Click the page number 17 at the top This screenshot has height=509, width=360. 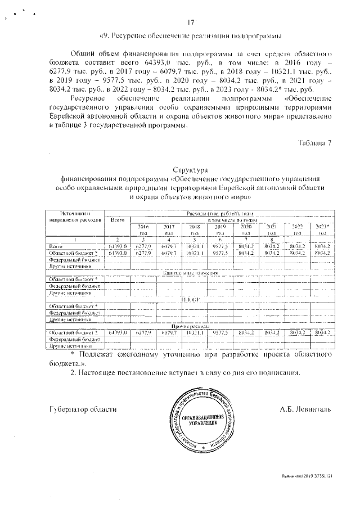point(191,23)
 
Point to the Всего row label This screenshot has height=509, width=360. point(58,246)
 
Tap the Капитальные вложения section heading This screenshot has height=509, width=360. point(191,272)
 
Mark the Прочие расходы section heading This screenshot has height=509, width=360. point(191,326)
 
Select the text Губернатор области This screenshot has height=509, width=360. point(83,409)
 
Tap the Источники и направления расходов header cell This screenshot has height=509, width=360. point(75,218)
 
